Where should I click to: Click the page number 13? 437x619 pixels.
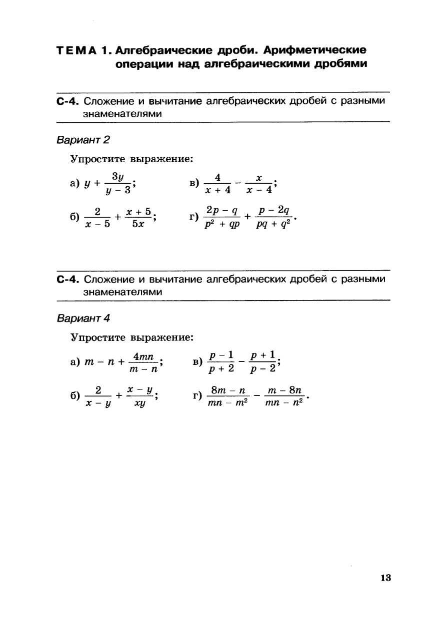click(385, 578)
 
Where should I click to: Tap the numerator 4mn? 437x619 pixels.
click(143, 355)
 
